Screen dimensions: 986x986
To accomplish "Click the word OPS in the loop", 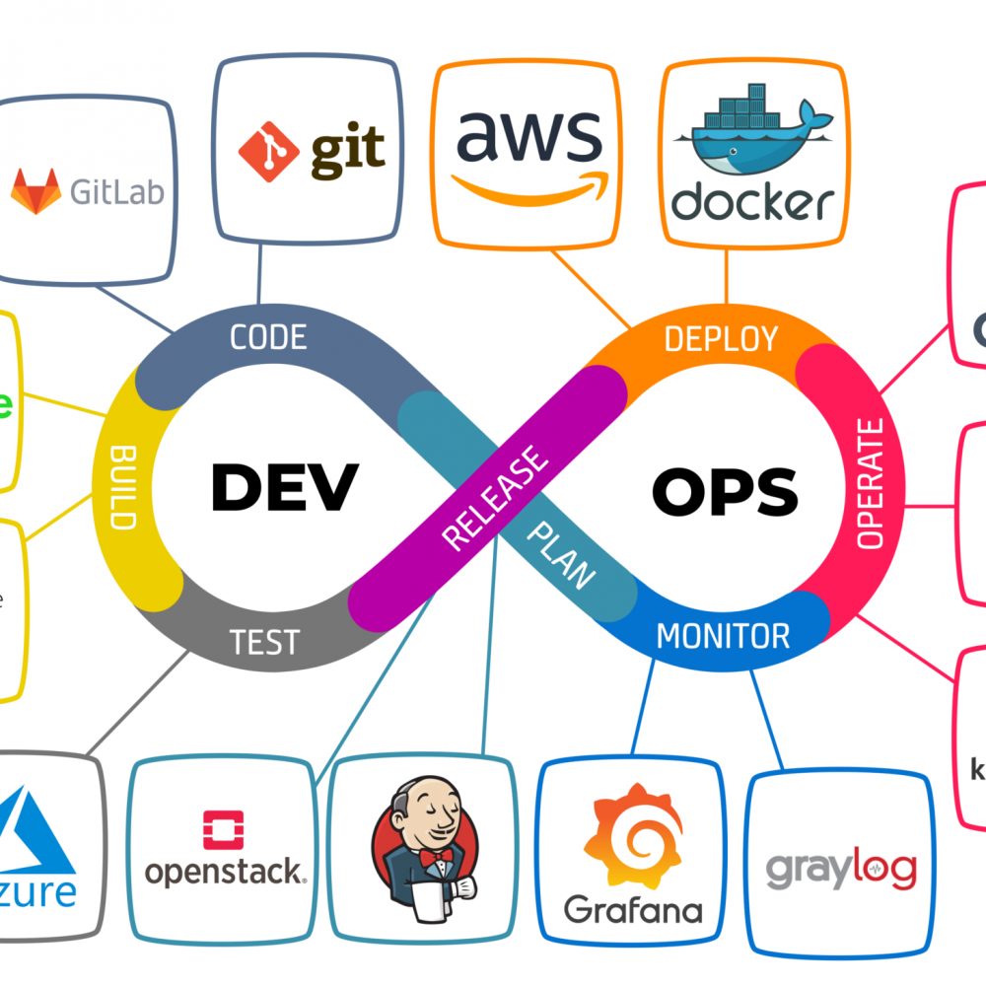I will coord(725,490).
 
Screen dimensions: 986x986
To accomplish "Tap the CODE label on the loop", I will coord(267,337).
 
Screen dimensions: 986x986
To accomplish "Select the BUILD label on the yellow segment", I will coord(123,488).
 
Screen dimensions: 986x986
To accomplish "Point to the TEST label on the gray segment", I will coord(263,642).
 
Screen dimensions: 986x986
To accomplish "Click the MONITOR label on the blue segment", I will coord(723,636).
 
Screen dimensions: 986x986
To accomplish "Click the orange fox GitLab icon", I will coord(35,190).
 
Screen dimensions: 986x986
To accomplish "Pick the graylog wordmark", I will coord(841,869).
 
